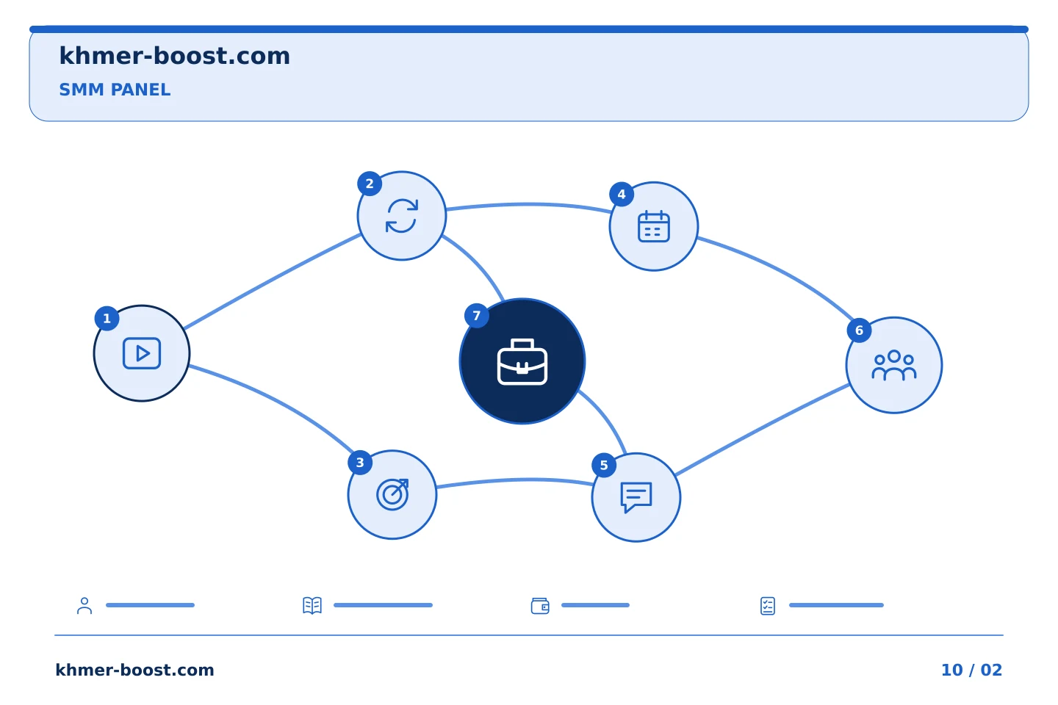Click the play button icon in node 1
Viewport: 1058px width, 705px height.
pyautogui.click(x=142, y=353)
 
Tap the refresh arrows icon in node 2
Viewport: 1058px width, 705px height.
pyautogui.click(x=402, y=216)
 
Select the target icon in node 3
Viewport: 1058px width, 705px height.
pyautogui.click(x=392, y=494)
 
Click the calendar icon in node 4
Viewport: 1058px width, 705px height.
pyautogui.click(x=654, y=226)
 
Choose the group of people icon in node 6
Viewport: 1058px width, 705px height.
pyautogui.click(x=894, y=365)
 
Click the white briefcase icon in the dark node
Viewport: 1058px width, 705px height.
pyautogui.click(x=522, y=362)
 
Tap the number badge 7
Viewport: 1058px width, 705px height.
pyautogui.click(x=477, y=316)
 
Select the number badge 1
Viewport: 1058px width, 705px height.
pyautogui.click(x=107, y=318)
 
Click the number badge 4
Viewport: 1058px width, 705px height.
pyautogui.click(x=622, y=194)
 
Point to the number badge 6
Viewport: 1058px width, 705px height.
pyautogui.click(x=859, y=330)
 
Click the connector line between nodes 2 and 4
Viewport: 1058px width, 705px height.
pyautogui.click(x=528, y=204)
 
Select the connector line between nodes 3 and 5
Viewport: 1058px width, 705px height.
pyautogui.click(x=515, y=480)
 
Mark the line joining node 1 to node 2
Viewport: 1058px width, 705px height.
pyautogui.click(x=272, y=281)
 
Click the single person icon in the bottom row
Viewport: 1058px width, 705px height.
pyautogui.click(x=84, y=605)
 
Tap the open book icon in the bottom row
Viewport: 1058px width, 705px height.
pyautogui.click(x=312, y=605)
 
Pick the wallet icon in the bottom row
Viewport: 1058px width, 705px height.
pyautogui.click(x=540, y=606)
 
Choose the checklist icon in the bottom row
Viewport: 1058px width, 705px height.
pyautogui.click(x=768, y=606)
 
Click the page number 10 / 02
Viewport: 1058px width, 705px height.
pyautogui.click(x=971, y=670)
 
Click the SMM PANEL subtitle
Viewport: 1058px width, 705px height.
pyautogui.click(x=115, y=90)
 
